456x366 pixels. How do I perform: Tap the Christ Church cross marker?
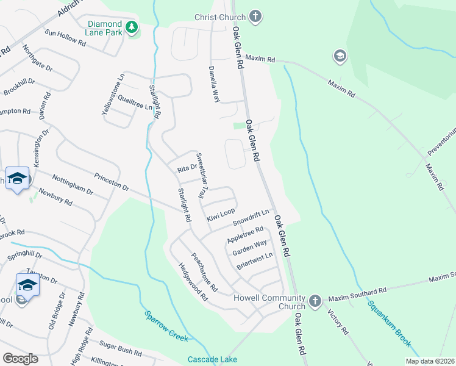[256, 16]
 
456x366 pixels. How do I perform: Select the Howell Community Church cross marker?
[315, 301]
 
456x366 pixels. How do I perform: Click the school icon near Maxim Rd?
[340, 57]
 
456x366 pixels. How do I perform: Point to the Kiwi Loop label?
[220, 215]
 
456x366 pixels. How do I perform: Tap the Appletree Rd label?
[244, 234]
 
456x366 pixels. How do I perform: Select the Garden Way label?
[249, 246]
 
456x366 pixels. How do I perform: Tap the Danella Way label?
[214, 84]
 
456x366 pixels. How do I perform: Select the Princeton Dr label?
[112, 182]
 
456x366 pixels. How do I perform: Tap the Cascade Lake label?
[212, 359]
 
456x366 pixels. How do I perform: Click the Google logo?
[20, 359]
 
